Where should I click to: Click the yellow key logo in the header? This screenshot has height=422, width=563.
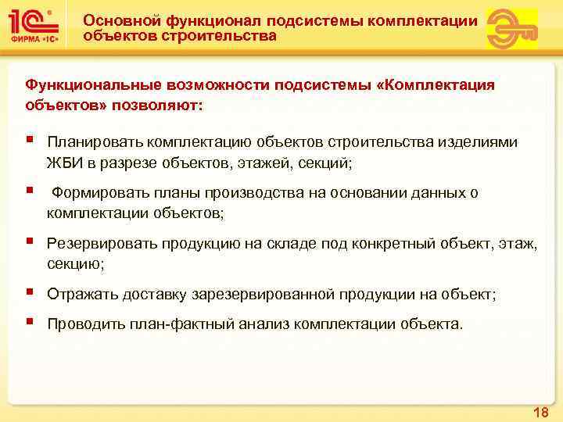click(511, 29)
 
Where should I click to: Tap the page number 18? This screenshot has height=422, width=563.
click(540, 412)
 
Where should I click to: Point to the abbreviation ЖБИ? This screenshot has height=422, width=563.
click(62, 163)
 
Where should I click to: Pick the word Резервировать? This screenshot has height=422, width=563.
click(102, 244)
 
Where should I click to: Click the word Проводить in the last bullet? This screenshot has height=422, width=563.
click(85, 324)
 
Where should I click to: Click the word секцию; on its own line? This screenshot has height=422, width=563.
click(76, 264)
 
